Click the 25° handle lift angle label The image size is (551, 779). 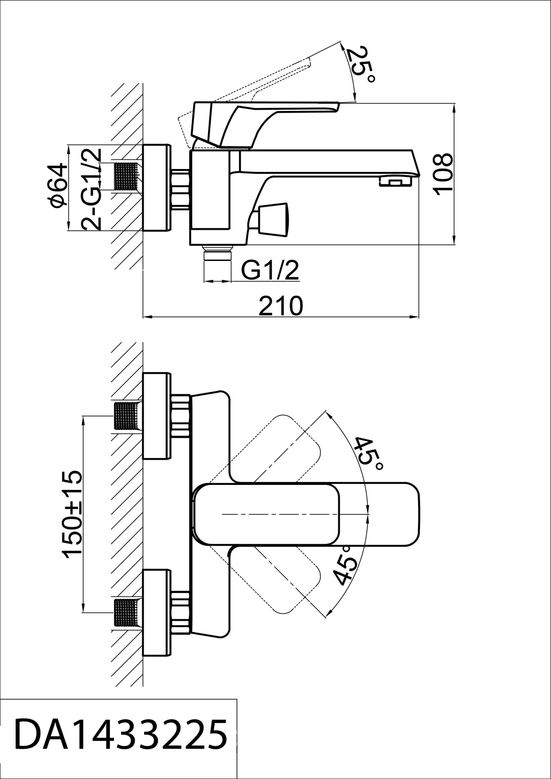tap(361, 64)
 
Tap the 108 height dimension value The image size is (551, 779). tap(443, 174)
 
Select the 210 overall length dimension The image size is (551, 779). tap(281, 305)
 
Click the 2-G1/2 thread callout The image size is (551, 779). tap(92, 189)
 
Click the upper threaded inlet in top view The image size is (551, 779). tap(129, 417)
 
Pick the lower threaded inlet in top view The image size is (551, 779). tap(129, 613)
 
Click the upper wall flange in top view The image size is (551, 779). tap(157, 416)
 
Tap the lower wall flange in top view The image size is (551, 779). tap(157, 612)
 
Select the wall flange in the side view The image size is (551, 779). tap(157, 187)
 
